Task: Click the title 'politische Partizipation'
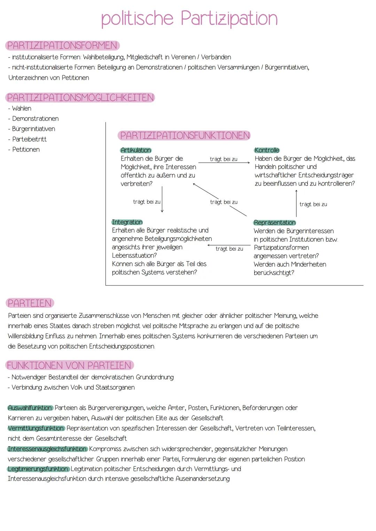[189, 18]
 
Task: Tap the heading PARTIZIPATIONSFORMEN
[62, 46]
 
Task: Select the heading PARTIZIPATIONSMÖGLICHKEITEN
[80, 97]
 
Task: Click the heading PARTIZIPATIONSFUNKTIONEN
[185, 135]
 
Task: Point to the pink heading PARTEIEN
[30, 303]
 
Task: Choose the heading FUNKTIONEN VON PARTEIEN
[69, 365]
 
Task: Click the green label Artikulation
[136, 150]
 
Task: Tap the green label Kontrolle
[267, 150]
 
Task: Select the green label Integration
[127, 222]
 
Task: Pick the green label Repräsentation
[275, 222]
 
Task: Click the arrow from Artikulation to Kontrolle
[224, 163]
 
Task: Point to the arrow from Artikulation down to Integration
[162, 199]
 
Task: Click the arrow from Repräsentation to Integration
[229, 245]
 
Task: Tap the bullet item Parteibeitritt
[29, 139]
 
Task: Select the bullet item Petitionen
[26, 149]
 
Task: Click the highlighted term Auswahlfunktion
[30, 408]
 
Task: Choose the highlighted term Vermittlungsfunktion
[36, 428]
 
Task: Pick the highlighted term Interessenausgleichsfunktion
[47, 449]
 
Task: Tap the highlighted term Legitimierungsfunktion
[38, 469]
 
